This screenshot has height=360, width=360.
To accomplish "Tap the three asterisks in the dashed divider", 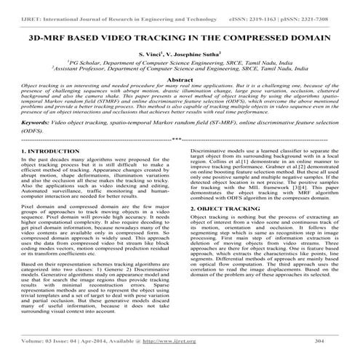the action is tap(180, 138).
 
